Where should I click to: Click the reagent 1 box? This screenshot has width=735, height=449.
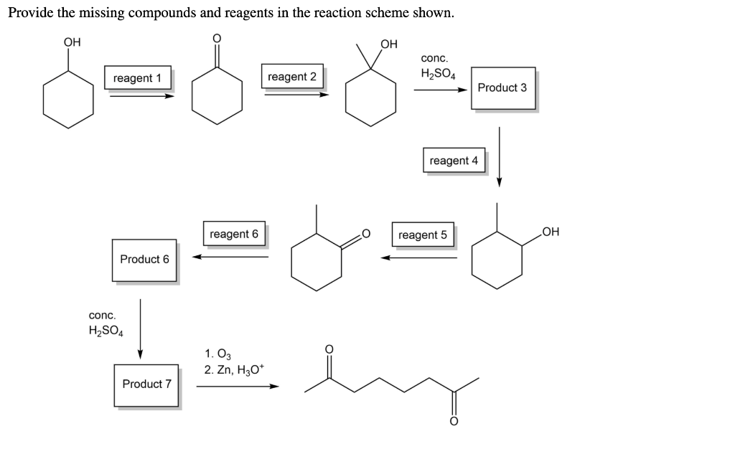click(138, 77)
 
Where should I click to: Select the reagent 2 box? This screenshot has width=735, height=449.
click(292, 77)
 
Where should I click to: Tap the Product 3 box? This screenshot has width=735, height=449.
click(502, 88)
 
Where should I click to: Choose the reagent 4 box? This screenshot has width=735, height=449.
click(454, 161)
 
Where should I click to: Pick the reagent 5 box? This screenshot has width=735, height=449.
click(423, 235)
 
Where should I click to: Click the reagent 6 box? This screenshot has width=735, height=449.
click(234, 234)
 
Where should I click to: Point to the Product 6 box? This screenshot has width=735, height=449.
click(144, 260)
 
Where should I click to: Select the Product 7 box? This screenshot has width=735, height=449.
click(146, 384)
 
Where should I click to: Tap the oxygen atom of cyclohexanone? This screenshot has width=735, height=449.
click(212, 38)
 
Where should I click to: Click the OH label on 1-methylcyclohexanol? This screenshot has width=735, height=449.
click(388, 44)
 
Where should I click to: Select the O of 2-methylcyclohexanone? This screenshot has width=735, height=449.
click(365, 233)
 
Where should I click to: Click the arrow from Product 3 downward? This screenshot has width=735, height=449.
click(500, 156)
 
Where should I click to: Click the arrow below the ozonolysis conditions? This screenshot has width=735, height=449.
click(237, 387)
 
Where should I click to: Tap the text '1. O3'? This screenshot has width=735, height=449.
click(218, 354)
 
